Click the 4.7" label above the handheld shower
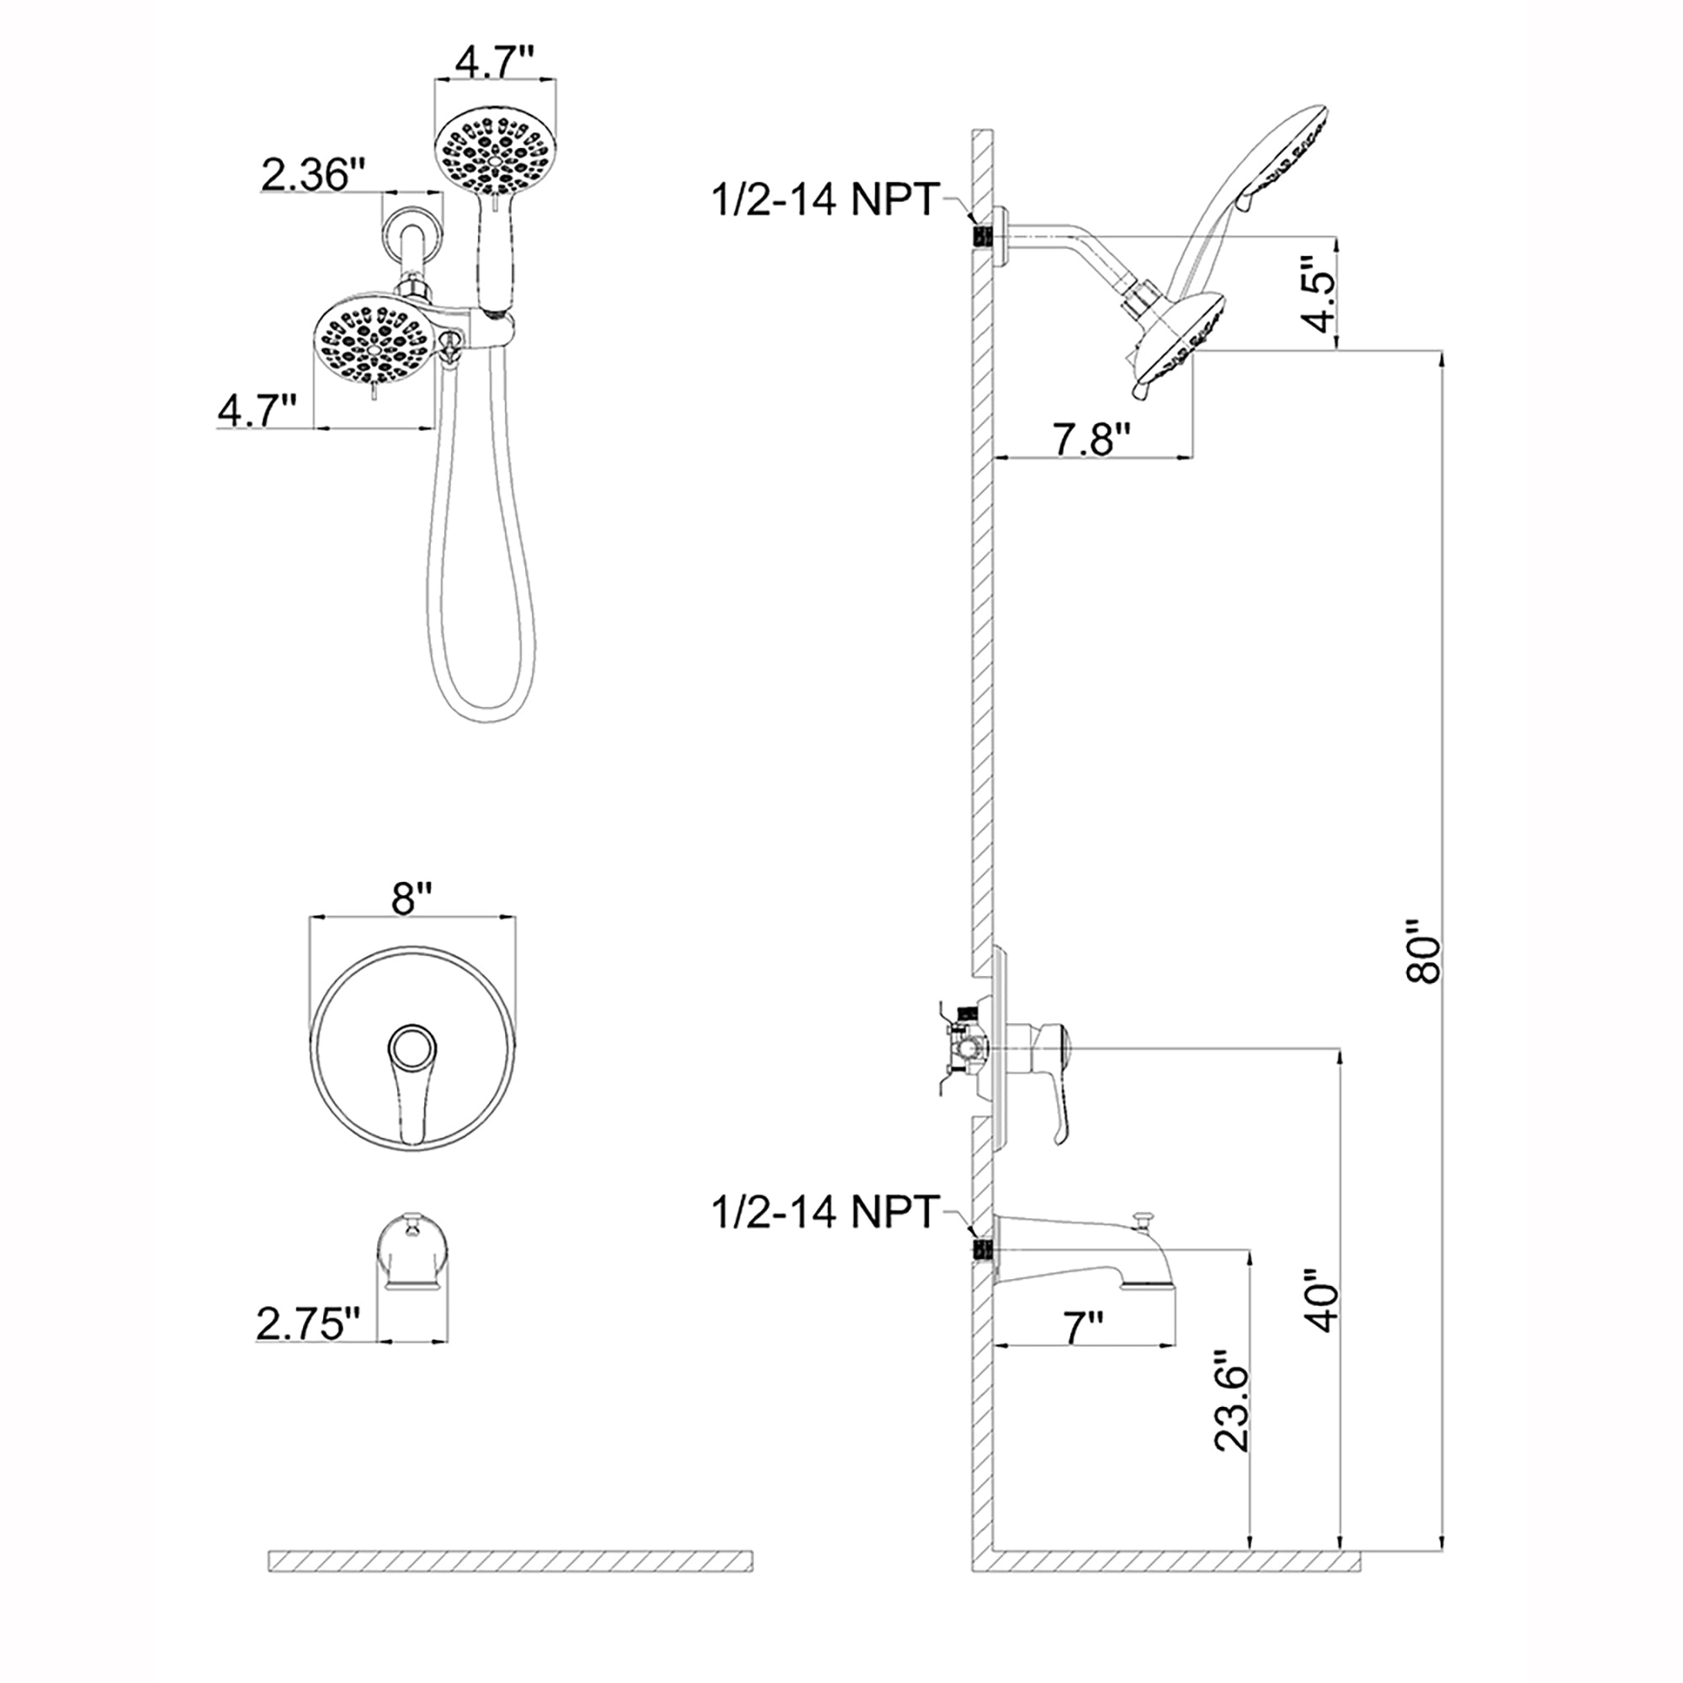(496, 64)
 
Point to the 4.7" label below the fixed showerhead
(257, 411)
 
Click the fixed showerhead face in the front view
(372, 340)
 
